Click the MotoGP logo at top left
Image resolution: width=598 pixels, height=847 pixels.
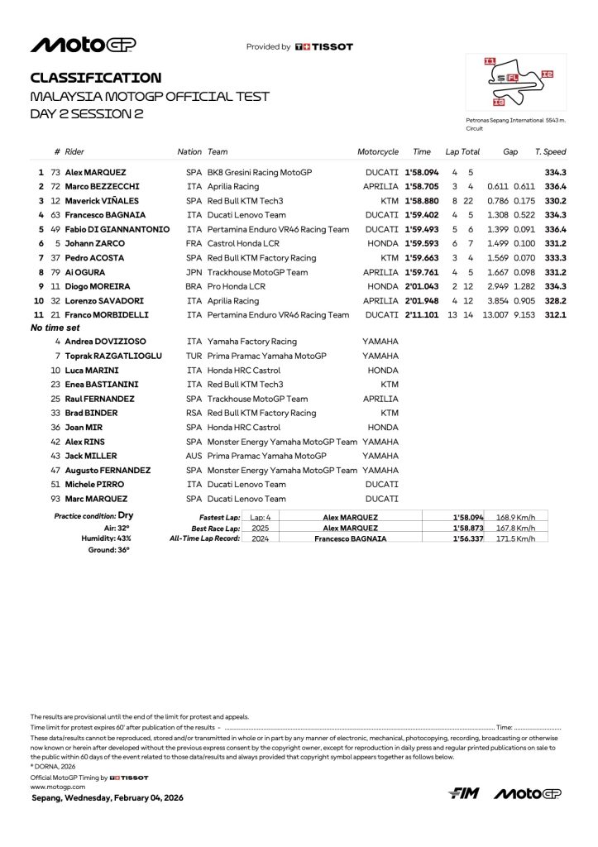(x=83, y=45)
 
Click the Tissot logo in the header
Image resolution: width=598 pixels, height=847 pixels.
(x=323, y=47)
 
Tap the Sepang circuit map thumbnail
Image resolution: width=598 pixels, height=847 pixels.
(x=515, y=83)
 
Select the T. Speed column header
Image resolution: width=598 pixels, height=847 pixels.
(x=550, y=152)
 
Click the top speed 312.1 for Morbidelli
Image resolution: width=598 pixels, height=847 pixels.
(x=556, y=315)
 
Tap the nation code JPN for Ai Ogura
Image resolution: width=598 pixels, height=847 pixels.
(x=194, y=272)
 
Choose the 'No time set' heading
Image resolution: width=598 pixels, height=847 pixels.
(x=55, y=328)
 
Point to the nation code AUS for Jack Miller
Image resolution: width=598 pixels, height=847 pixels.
(x=194, y=456)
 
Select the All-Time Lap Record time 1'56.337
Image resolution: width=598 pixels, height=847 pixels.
(x=468, y=538)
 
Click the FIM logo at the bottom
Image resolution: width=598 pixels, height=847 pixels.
(x=464, y=794)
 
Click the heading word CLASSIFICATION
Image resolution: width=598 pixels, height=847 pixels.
(x=96, y=78)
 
